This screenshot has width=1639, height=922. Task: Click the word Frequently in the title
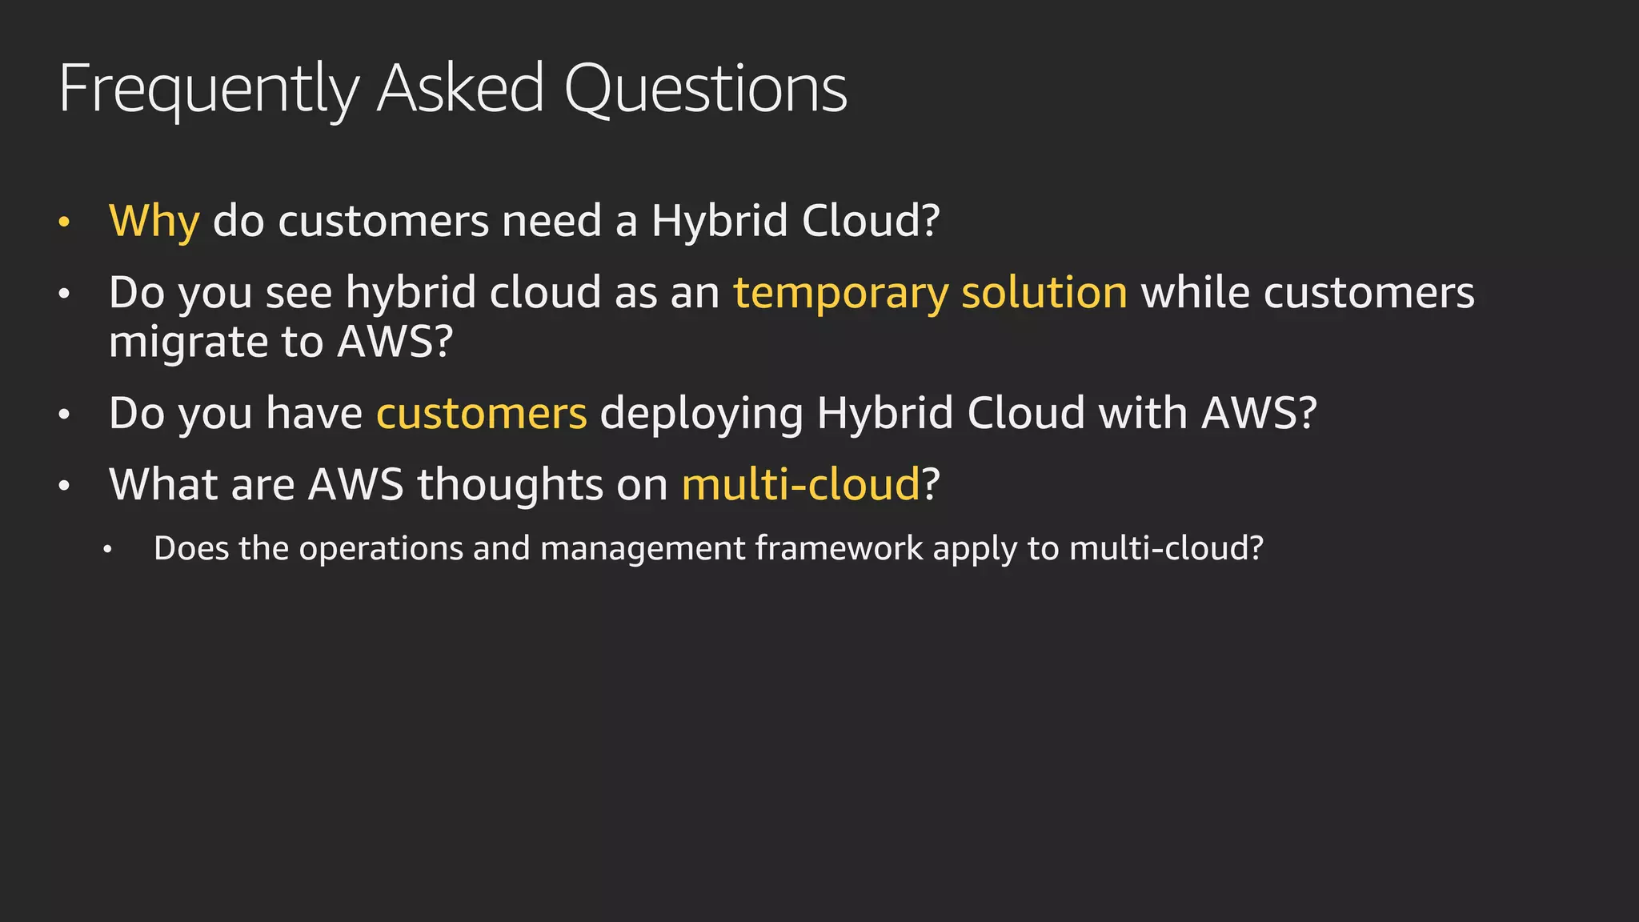point(209,90)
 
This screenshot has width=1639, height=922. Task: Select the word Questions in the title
point(705,90)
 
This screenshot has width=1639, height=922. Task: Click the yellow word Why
point(154,221)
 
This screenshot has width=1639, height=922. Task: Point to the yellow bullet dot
point(65,222)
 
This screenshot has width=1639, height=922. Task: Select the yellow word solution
point(1044,292)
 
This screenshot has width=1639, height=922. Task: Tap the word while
point(1196,292)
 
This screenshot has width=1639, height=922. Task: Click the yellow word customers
point(482,414)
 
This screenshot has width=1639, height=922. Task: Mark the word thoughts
point(510,484)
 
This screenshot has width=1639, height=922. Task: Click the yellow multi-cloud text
point(800,484)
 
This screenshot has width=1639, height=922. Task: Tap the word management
point(643,550)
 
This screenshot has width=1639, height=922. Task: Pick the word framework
point(839,548)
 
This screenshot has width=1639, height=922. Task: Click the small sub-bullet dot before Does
point(108,550)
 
